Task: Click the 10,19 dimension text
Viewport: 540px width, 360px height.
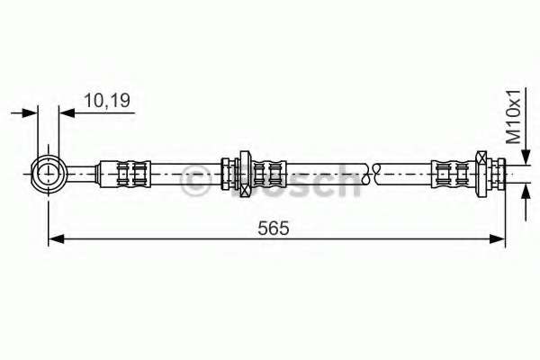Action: [107, 100]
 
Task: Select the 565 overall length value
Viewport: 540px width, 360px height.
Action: [274, 228]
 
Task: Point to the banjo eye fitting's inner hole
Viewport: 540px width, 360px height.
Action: [49, 175]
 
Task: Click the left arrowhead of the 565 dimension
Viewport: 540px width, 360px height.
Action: [56, 238]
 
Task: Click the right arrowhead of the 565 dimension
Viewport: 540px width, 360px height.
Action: [498, 238]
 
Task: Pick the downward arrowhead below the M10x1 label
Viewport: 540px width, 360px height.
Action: [526, 157]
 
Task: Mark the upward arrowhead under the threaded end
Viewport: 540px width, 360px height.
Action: [526, 193]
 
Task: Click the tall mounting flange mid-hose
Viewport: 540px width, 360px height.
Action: [245, 174]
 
